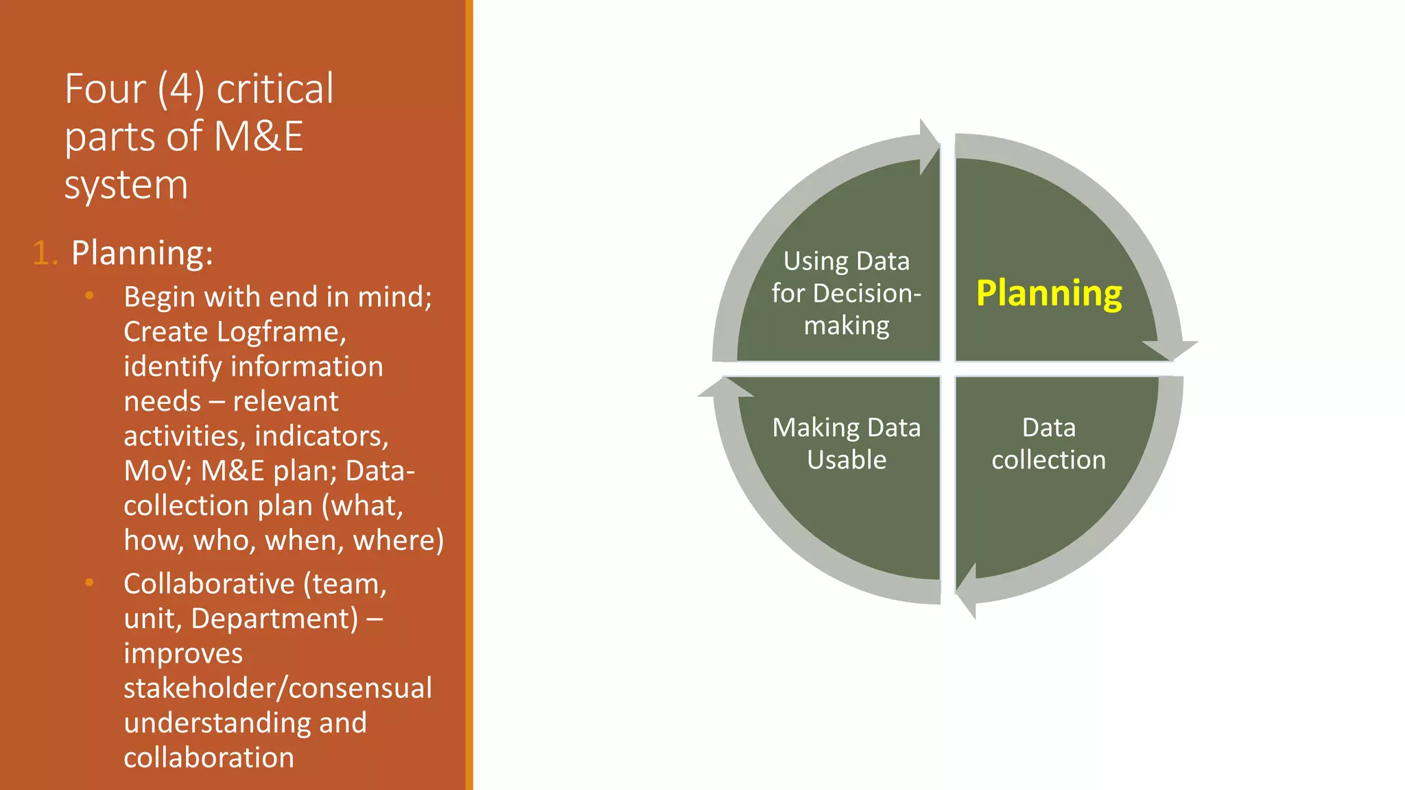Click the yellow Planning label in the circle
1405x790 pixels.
click(x=1048, y=294)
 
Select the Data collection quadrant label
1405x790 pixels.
click(x=1048, y=444)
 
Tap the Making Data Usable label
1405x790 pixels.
click(x=846, y=444)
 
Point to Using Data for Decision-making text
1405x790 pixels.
click(x=846, y=293)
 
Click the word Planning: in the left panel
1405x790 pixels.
click(x=142, y=253)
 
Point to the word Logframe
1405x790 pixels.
click(x=281, y=332)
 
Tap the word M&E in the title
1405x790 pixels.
click(x=259, y=136)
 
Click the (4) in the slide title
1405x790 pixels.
click(x=180, y=89)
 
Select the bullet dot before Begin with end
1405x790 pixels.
click(x=89, y=296)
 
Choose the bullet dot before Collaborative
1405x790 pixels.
click(x=89, y=582)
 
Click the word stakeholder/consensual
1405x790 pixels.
click(x=278, y=688)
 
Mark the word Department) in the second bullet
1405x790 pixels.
click(x=274, y=619)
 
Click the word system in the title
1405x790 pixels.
click(x=126, y=185)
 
